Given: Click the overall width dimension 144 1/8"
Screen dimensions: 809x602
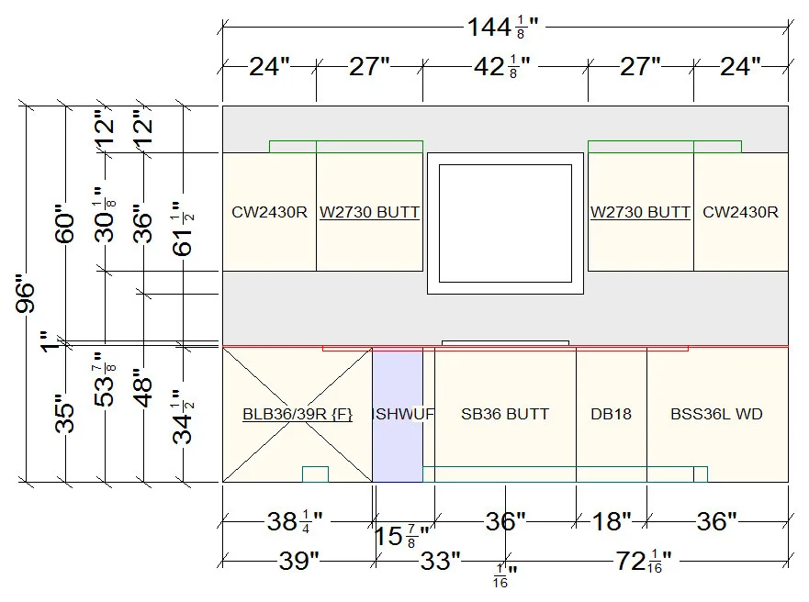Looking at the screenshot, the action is click(x=502, y=27).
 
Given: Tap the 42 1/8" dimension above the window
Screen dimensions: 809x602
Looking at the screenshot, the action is click(x=502, y=67).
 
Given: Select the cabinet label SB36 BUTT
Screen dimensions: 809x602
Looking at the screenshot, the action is click(x=505, y=414).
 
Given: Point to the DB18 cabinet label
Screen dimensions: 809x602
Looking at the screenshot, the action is click(x=611, y=414).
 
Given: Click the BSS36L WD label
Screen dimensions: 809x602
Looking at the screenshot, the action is click(x=716, y=414).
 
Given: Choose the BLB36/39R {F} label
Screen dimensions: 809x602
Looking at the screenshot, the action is click(x=298, y=415).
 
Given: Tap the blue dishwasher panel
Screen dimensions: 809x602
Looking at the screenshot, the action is click(x=398, y=416).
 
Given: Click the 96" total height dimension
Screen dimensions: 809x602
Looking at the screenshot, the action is click(x=26, y=297).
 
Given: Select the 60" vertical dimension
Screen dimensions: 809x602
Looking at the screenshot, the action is click(x=65, y=224).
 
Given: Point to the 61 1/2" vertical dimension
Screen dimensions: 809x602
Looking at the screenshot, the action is click(x=183, y=229).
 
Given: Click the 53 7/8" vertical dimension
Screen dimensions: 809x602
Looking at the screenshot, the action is click(x=105, y=379).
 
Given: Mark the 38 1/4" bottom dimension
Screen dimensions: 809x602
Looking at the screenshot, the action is click(x=295, y=521).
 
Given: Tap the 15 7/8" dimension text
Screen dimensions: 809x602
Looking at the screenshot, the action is click(x=402, y=537).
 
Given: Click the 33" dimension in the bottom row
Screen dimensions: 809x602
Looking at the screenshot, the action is click(x=440, y=561).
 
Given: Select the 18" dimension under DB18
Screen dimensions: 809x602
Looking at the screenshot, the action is click(x=612, y=521).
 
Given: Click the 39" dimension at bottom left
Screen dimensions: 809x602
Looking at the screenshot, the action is click(x=299, y=561).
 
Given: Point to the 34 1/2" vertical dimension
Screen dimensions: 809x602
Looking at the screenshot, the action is click(x=183, y=417).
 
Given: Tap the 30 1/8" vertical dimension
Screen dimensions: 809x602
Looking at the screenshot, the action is click(x=105, y=215).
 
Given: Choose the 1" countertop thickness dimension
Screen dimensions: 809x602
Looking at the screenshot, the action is click(x=51, y=341).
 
